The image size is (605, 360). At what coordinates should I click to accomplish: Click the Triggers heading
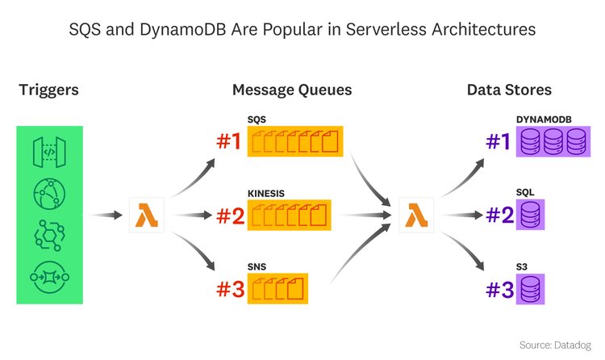[48, 90]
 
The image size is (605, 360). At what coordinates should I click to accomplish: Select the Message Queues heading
[292, 90]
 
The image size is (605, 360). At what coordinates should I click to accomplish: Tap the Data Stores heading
[509, 90]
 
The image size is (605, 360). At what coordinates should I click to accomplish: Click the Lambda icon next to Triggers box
[147, 216]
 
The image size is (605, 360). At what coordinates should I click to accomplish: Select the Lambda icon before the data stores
[416, 216]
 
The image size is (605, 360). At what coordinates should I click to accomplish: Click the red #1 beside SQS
[228, 143]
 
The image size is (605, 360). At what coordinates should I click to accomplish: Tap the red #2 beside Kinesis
[228, 216]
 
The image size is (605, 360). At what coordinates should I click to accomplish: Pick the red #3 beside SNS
[228, 288]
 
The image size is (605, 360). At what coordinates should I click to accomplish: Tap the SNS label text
[257, 266]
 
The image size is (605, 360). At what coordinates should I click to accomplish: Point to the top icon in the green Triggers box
[49, 152]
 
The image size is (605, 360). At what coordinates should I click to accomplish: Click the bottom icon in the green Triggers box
[49, 277]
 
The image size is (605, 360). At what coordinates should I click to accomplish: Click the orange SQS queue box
[295, 143]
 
